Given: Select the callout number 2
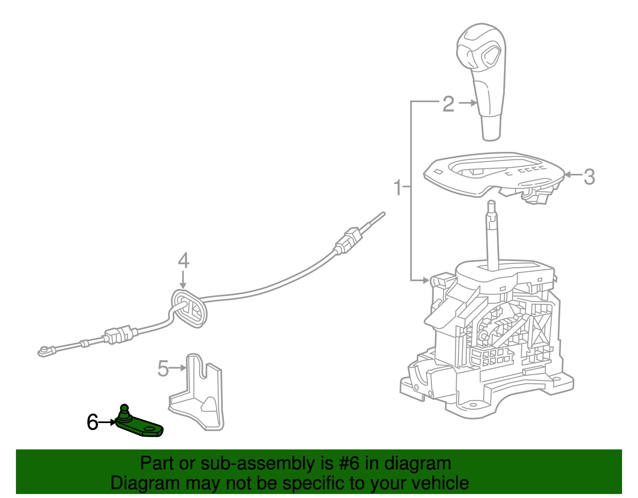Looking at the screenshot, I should [x=448, y=104].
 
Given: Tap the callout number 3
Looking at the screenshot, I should [x=589, y=177].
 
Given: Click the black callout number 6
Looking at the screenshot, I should [x=93, y=422].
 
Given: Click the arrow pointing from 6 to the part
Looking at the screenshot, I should [x=107, y=422].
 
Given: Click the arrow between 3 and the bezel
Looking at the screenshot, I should [x=573, y=174].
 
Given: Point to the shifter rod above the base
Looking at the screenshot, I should [x=492, y=235].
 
